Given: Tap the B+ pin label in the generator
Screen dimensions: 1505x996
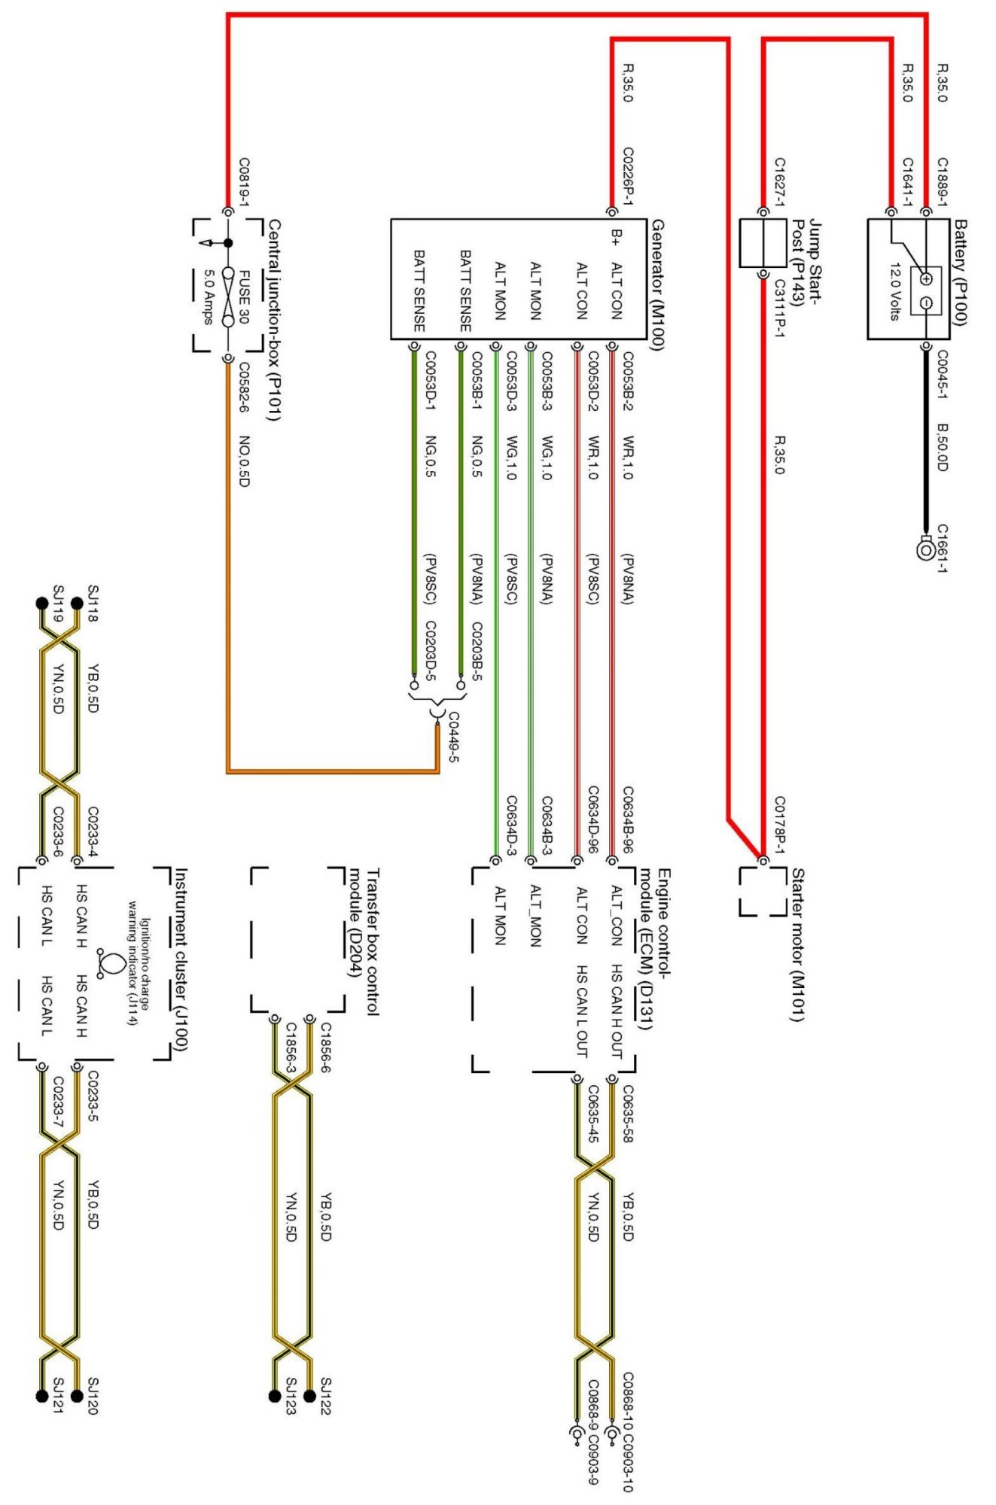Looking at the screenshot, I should pos(616,236).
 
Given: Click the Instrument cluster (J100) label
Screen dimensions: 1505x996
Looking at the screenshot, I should pos(181,959).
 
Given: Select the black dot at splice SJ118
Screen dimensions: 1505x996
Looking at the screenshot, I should pos(76,603).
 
